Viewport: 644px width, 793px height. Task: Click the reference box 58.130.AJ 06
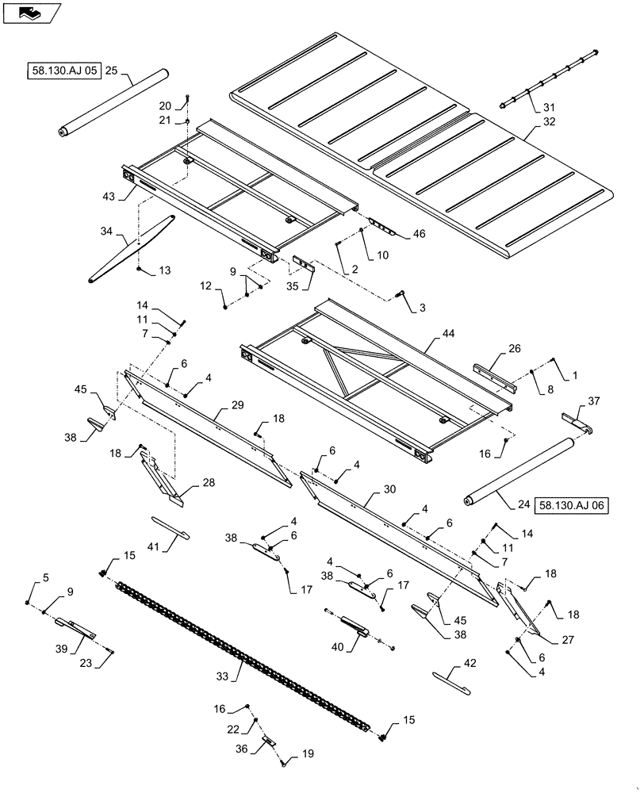coord(573,504)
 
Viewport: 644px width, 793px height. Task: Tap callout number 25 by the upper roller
coord(111,71)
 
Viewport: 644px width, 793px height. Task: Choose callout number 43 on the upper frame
coord(108,196)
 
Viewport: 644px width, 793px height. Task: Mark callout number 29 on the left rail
coord(237,405)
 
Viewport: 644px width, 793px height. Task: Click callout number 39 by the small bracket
coord(60,649)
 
